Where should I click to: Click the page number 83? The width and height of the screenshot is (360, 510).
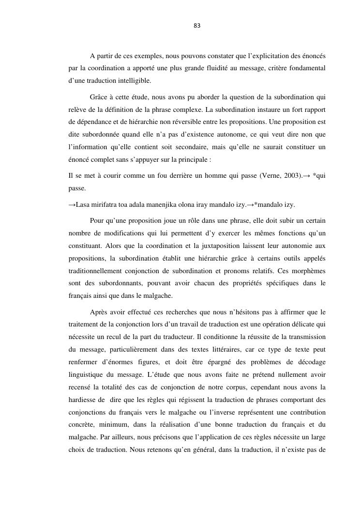click(x=197, y=26)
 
